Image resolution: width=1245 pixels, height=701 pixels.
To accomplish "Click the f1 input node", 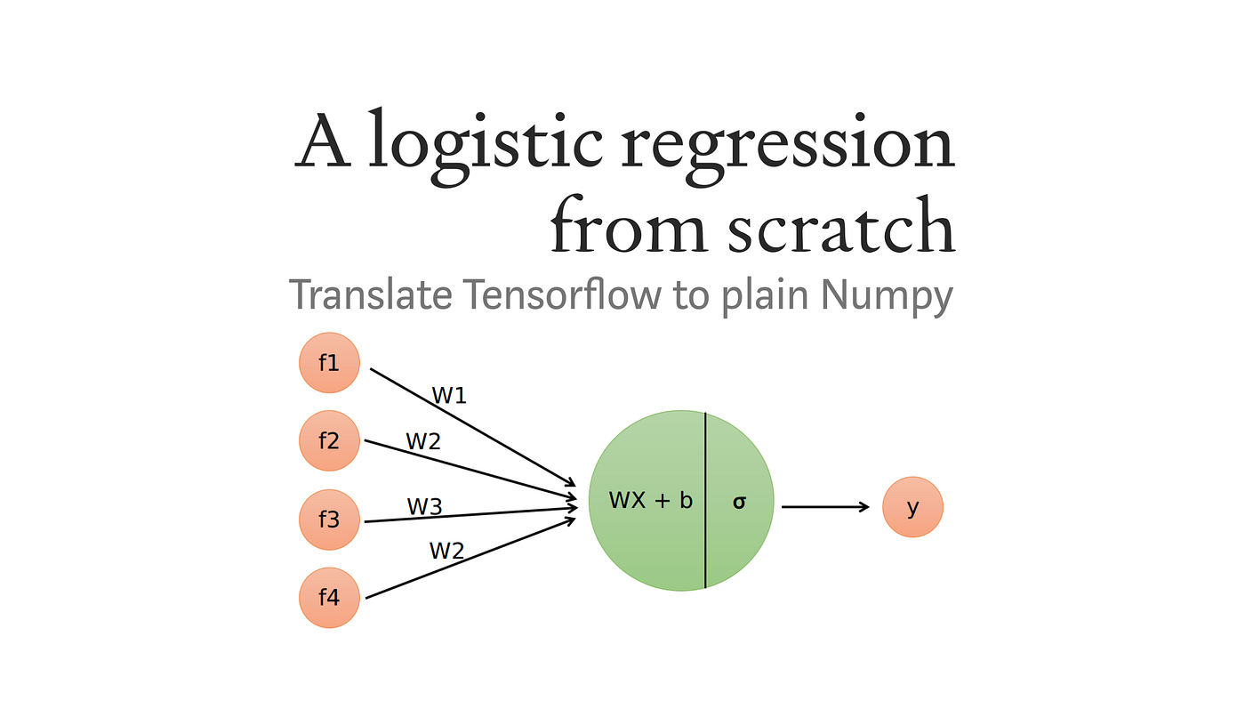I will [x=329, y=363].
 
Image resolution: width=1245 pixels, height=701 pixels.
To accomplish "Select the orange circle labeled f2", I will [x=329, y=440].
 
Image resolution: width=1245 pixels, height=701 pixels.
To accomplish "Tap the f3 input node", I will [x=329, y=519].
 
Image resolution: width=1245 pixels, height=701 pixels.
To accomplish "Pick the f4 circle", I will [x=329, y=597].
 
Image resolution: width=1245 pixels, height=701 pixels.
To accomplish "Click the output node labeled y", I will [x=912, y=507].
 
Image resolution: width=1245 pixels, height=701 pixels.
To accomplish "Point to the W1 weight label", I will [x=449, y=396].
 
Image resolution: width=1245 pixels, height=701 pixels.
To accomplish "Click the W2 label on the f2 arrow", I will [x=423, y=441].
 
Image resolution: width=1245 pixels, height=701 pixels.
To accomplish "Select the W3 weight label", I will [x=424, y=507].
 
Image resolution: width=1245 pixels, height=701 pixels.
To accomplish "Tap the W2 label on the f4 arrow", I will [x=446, y=552].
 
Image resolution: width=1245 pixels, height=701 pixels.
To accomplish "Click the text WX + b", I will [x=650, y=501].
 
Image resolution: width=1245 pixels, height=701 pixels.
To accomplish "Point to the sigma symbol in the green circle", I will [x=739, y=502].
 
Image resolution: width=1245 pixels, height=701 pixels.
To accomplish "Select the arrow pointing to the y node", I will [x=824, y=507].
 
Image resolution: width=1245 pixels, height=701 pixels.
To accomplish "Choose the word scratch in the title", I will [x=840, y=227].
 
